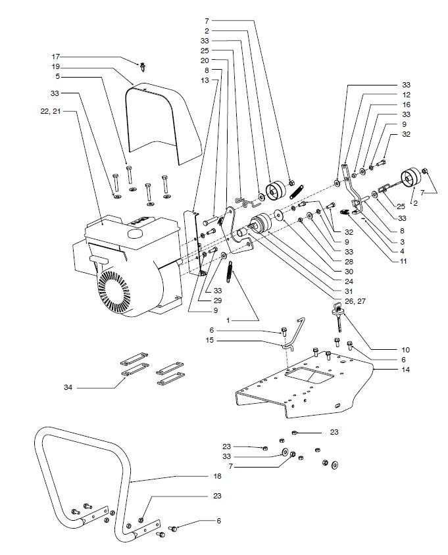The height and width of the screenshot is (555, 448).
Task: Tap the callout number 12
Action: pyautogui.click(x=406, y=95)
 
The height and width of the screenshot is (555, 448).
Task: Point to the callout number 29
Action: pyautogui.click(x=218, y=301)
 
